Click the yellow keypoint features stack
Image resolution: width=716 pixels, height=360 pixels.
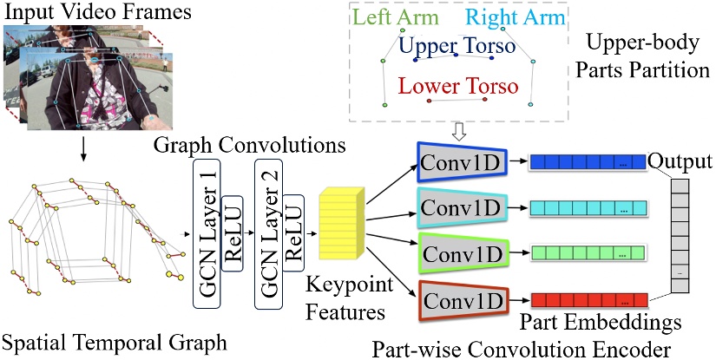tap(341, 223)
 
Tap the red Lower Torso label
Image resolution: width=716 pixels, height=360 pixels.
tap(458, 86)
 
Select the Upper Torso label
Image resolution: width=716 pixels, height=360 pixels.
tap(457, 43)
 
